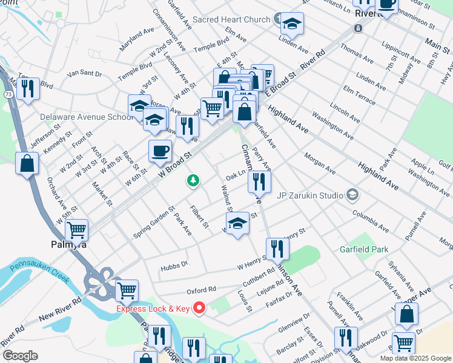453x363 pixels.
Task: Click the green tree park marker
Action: point(193,180)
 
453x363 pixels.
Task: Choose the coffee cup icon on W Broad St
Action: point(160,151)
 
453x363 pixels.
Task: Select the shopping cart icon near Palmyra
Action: point(77,230)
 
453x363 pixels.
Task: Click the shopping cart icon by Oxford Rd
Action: point(127,290)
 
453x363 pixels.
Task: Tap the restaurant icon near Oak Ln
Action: point(259,181)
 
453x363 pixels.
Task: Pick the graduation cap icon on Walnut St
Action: point(238,222)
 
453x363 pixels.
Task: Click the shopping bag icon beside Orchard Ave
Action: point(27,163)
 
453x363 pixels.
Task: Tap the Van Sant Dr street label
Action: point(84,73)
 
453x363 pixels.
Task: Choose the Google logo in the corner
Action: point(20,356)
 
